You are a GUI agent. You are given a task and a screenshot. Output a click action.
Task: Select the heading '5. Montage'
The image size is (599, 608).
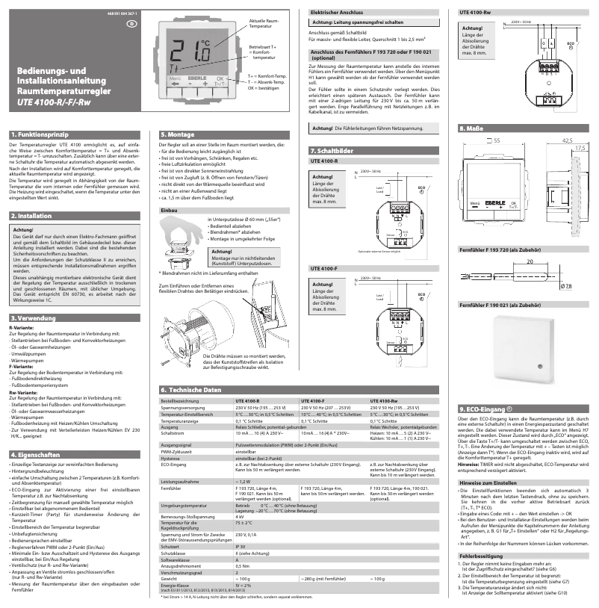tap(176, 134)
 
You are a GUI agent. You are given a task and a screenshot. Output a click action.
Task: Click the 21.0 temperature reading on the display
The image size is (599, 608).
tap(189, 52)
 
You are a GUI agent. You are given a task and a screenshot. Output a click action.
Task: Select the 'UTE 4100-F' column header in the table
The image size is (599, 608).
tap(311, 401)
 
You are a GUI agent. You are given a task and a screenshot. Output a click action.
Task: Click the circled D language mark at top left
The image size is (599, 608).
tap(131, 23)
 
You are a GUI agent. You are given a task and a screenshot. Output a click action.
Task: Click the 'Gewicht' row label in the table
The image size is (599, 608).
tap(169, 579)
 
